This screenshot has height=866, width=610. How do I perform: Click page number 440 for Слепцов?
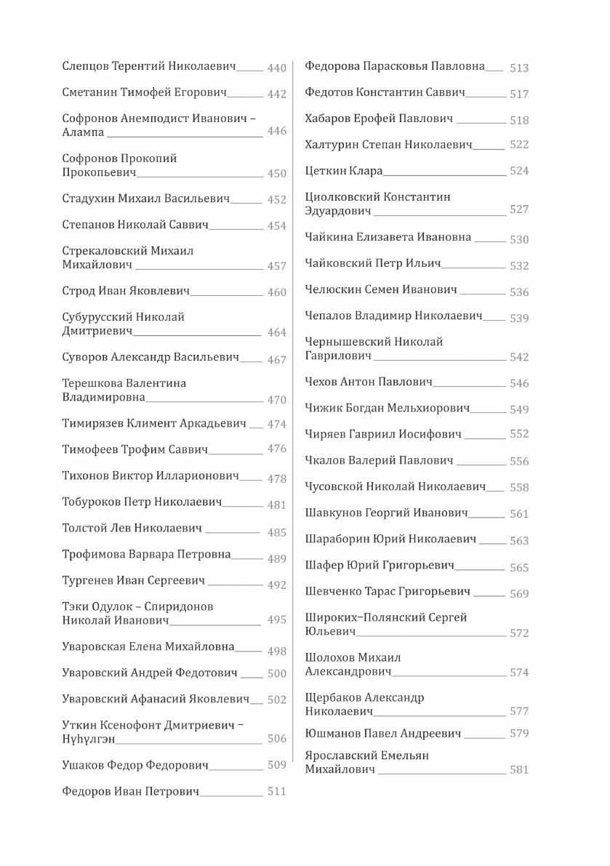point(276,68)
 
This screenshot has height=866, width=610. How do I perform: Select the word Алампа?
point(84,132)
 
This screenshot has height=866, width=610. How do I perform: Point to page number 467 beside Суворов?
point(276,360)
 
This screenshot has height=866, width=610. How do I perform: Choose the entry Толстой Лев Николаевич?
point(132,529)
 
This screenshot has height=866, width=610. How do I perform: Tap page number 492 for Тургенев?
point(276,585)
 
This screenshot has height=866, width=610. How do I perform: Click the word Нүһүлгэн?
point(89,739)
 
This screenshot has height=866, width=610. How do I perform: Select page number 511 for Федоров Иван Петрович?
point(276,792)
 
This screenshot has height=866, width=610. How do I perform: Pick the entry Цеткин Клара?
point(344,171)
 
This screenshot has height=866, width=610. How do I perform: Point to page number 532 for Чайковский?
point(519,266)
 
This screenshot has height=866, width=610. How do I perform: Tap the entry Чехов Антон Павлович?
point(369,382)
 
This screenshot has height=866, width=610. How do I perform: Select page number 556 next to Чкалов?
point(519,462)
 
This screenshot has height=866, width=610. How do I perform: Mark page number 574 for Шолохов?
point(519,673)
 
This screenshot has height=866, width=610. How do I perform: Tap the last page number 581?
point(519,770)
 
